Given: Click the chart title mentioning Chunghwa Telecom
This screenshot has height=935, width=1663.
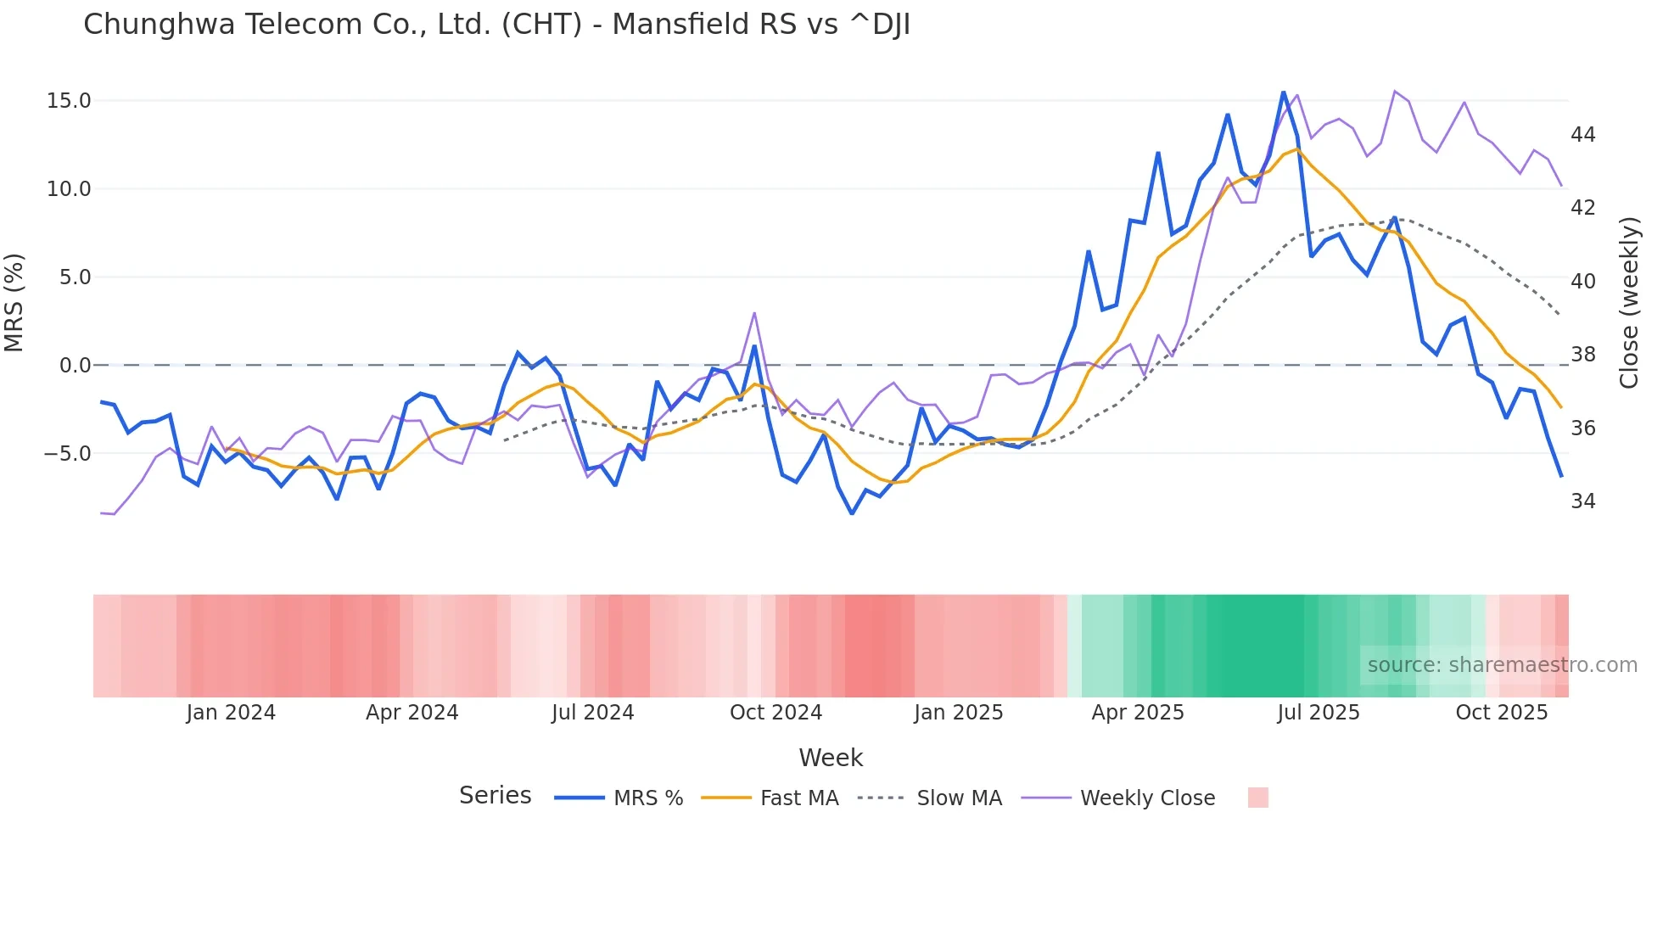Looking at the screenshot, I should point(496,25).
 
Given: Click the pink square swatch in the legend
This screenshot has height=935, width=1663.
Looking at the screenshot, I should point(1257,798).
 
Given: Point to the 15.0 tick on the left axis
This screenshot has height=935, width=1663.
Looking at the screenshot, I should point(69,101).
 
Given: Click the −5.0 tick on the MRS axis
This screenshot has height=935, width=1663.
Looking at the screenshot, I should point(67,454).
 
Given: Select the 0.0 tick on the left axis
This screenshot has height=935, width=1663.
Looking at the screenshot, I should point(75,366).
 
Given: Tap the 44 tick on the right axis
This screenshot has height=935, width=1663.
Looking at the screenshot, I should point(1582,135).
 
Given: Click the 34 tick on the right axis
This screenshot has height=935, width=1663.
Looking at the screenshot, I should point(1582,501).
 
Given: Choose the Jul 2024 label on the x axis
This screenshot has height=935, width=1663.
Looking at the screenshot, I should point(592,713).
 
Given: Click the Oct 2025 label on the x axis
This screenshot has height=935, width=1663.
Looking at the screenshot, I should point(1501,713).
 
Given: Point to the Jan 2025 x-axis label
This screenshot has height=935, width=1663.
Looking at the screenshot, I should point(958,713).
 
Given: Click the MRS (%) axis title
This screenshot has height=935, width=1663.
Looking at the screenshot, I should point(14,302).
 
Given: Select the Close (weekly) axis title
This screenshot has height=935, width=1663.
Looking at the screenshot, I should point(1628,303).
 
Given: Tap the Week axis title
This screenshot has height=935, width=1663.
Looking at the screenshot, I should point(831,758).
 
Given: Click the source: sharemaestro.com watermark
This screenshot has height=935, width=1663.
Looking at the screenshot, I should point(1502,665).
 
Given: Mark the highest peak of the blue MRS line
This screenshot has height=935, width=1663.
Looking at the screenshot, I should point(1283,92).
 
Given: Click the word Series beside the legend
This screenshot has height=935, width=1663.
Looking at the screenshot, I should point(495,796).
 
